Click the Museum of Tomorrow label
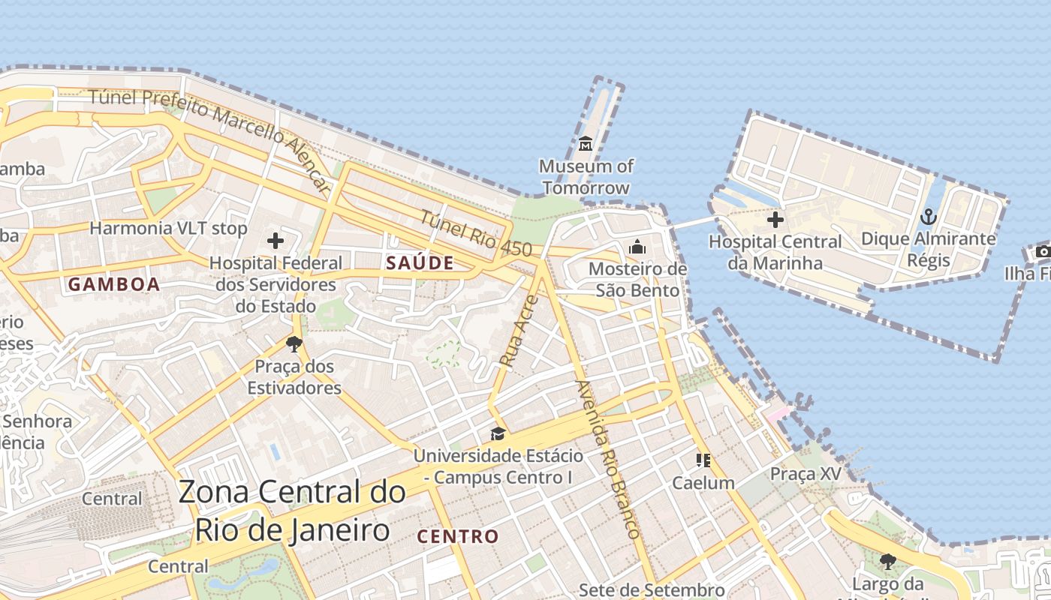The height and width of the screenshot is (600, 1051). (x=586, y=177)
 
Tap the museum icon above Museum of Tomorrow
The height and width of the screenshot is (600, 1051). (x=586, y=143)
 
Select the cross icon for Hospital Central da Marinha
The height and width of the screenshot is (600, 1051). (x=775, y=220)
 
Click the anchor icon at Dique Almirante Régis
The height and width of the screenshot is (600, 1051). (x=929, y=217)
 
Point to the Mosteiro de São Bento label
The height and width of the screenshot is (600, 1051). (x=637, y=279)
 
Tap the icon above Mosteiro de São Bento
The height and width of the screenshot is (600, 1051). (x=637, y=247)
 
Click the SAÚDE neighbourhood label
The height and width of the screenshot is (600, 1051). (x=420, y=262)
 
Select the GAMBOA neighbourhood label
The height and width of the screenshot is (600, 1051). (x=114, y=284)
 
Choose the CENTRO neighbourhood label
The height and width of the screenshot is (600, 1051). (x=457, y=536)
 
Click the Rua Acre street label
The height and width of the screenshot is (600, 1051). (x=519, y=331)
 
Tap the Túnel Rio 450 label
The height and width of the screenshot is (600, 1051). (x=475, y=235)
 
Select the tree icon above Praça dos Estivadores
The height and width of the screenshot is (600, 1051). (x=294, y=344)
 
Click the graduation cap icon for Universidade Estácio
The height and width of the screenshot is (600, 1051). (x=497, y=433)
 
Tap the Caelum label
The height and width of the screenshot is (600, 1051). (x=703, y=482)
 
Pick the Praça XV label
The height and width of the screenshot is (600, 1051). (x=806, y=474)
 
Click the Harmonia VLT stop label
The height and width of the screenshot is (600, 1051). (x=168, y=228)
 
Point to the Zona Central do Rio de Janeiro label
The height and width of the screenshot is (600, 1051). (x=292, y=511)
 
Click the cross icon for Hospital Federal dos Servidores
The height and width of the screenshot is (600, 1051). (x=276, y=241)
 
